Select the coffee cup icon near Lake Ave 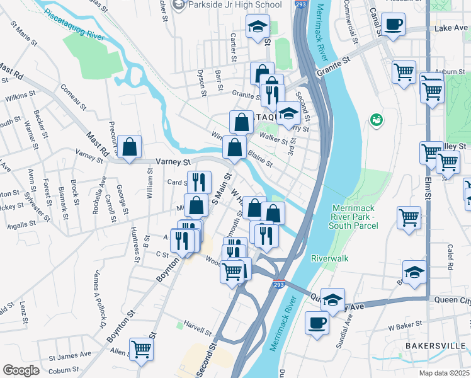tap(393, 25)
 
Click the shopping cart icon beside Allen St tap(142, 349)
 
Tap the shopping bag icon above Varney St tap(129, 148)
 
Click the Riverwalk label tap(329, 258)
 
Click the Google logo tap(21, 370)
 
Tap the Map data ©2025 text tap(444, 373)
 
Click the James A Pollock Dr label tap(99, 299)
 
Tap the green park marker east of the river tap(377, 119)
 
